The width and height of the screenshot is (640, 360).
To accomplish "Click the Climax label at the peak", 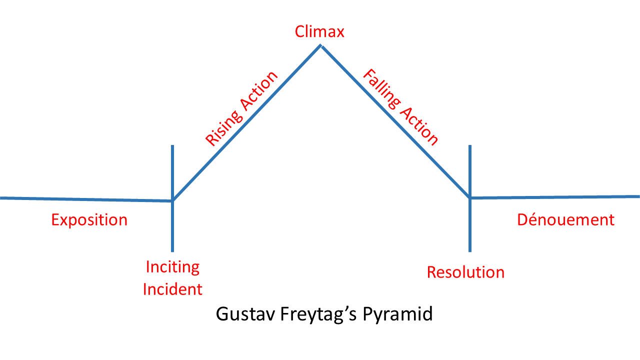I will coord(319,32).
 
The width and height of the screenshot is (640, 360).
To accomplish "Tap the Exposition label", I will coord(89,220).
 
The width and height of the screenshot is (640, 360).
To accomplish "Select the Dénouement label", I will coord(565,220).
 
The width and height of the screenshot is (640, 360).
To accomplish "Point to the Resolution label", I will coord(465,272).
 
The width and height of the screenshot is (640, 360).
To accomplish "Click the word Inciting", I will coord(172,267).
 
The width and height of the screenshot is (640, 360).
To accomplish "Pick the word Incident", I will coord(172,289).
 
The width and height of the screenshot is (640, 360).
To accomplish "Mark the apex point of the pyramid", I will coord(320,46).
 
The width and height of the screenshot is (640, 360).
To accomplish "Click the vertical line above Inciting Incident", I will coord(172,170).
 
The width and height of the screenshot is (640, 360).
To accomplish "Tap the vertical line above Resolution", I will coord(470,170).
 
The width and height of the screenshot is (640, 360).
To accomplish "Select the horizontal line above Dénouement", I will coord(555,197).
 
